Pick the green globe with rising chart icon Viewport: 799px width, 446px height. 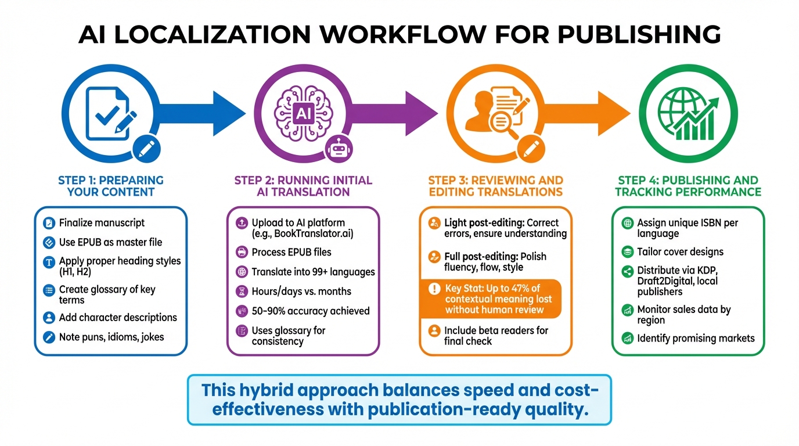point(689,113)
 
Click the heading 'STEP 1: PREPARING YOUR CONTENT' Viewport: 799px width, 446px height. point(111,186)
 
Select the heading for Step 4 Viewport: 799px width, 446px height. point(688,186)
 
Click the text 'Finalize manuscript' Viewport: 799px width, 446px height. point(102,223)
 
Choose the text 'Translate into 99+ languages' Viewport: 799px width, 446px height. point(313,272)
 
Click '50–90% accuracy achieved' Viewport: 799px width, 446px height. point(310,311)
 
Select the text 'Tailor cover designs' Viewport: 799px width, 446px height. point(680,252)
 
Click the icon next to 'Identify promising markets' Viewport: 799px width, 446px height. point(627,338)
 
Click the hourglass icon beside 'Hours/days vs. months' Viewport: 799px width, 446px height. point(241,292)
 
